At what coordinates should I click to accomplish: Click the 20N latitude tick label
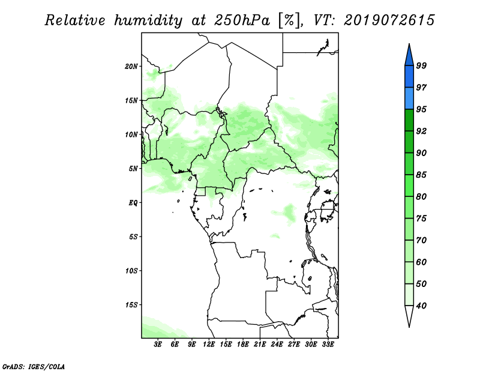tap(131, 67)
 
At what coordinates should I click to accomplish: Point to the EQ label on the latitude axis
tap(133, 203)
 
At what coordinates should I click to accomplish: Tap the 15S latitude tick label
tap(131, 305)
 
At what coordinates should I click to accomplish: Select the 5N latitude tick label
tap(133, 169)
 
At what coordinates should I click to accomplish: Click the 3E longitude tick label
tap(158, 344)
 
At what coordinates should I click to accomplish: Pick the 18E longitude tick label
tap(243, 344)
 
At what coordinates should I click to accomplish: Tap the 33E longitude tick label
tap(328, 344)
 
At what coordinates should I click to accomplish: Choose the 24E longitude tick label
tap(277, 344)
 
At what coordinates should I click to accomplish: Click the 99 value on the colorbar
tap(421, 65)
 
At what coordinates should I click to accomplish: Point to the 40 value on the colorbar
tap(421, 306)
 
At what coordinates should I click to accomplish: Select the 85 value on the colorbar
tap(421, 175)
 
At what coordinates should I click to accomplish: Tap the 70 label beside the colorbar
tap(421, 240)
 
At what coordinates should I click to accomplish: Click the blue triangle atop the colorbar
tap(409, 56)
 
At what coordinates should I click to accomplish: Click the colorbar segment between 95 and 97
tap(409, 98)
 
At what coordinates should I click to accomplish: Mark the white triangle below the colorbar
tap(409, 315)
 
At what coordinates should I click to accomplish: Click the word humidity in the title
tap(148, 20)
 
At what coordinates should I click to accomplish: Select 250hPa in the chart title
tap(242, 20)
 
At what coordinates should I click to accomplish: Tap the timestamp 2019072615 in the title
tap(389, 20)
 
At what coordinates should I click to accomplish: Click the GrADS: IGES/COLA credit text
tap(34, 366)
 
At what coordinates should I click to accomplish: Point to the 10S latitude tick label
tap(131, 271)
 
